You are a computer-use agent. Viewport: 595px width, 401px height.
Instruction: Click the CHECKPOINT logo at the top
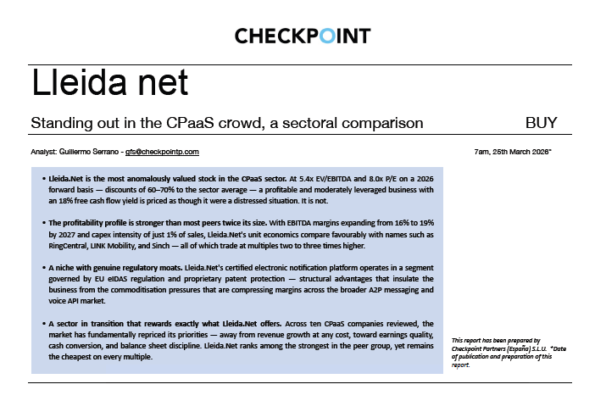[302, 36]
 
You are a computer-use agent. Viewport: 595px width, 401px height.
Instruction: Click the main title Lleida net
[109, 83]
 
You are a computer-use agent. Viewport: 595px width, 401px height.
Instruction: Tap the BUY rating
[541, 123]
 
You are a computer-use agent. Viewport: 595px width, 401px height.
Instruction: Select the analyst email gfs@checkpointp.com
[162, 152]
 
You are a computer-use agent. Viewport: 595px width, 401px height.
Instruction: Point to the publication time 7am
[483, 152]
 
